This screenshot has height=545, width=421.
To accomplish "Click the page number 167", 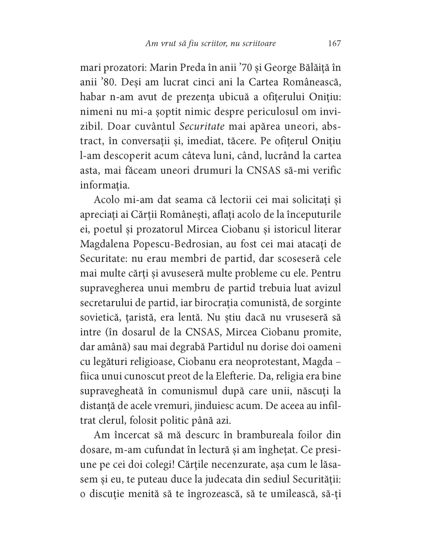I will [334, 44].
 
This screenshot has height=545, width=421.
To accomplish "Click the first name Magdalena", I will [107, 244].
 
